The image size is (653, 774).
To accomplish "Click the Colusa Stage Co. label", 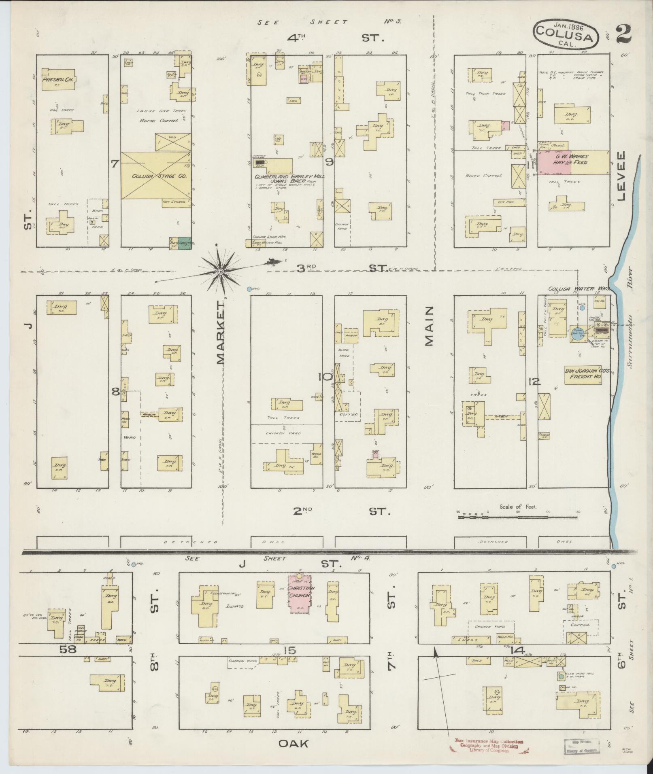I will pyautogui.click(x=156, y=176).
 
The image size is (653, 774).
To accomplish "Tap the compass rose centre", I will pyautogui.click(x=221, y=271).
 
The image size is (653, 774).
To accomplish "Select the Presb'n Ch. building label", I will pyautogui.click(x=59, y=80).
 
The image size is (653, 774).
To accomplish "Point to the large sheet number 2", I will pyautogui.click(x=625, y=35).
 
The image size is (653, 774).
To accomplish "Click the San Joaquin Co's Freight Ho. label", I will pyautogui.click(x=583, y=373).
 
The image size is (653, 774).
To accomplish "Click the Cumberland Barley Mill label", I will pyautogui.click(x=289, y=177).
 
